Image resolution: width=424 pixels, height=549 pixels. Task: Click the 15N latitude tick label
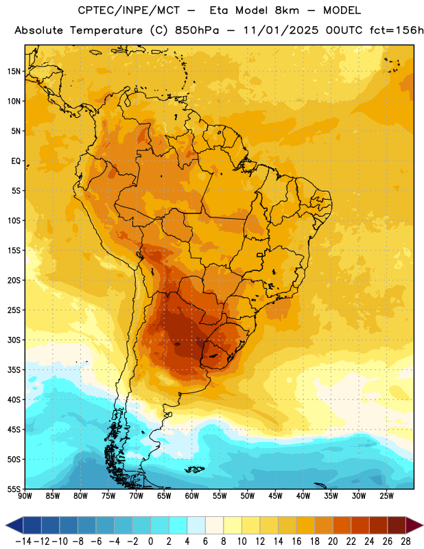tap(14, 71)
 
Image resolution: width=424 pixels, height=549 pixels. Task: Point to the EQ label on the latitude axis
tap(16, 161)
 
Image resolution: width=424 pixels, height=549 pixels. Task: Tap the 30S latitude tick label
tap(14, 340)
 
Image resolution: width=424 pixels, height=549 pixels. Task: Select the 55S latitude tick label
tap(14, 489)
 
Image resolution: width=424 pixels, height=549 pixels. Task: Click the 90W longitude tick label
tap(25, 496)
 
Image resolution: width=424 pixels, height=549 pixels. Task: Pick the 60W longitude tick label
tap(192, 496)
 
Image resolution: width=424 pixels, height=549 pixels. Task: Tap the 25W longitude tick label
tap(386, 496)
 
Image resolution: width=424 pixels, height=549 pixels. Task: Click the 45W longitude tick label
tap(275, 496)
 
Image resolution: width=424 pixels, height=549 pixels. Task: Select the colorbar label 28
tap(405, 541)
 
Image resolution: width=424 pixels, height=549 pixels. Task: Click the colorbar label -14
tap(23, 541)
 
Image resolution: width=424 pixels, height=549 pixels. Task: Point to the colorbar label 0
tap(150, 541)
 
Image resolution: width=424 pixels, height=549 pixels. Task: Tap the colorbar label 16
tap(296, 541)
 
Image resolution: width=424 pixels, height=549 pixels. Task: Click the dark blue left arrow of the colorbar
tap(14, 525)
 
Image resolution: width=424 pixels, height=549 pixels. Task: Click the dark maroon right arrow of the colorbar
tap(414, 525)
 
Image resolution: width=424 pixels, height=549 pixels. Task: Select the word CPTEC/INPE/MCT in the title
tap(129, 10)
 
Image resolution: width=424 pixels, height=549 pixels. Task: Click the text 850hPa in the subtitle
tap(197, 30)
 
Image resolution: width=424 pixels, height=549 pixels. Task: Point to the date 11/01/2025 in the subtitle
tap(281, 30)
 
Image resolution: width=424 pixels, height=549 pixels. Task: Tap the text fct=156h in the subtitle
tap(397, 30)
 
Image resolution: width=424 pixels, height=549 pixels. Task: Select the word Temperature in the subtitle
tap(106, 31)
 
